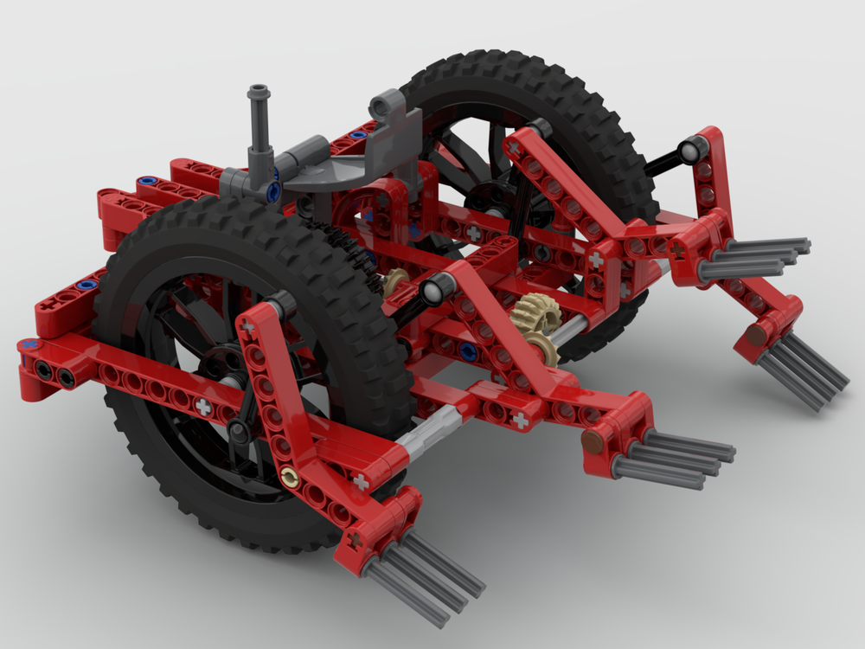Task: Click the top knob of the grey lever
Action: point(258,92)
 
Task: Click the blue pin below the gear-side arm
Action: point(468,350)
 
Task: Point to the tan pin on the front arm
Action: point(292,475)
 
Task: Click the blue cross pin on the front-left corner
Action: point(32,344)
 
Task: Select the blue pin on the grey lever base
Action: point(274,190)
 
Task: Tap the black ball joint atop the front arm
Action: point(281,303)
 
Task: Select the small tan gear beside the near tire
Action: point(397,281)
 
